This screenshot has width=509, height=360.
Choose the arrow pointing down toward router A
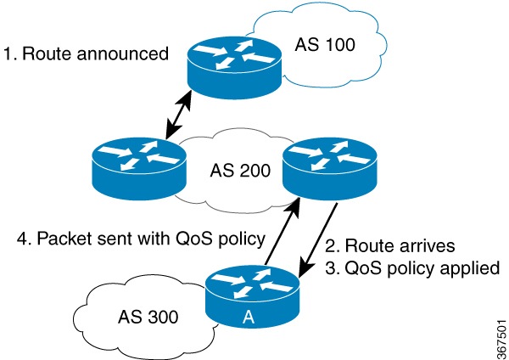click(x=320, y=239)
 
